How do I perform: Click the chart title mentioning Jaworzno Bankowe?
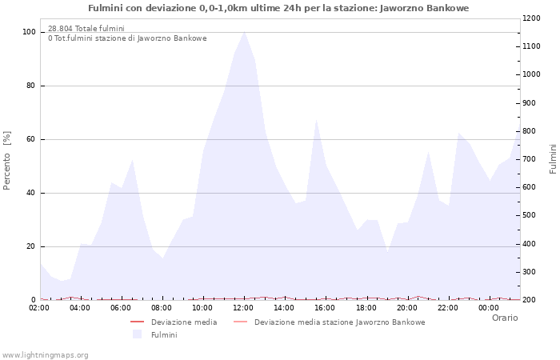278,8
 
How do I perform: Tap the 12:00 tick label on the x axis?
243,307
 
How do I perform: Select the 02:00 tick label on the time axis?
39,307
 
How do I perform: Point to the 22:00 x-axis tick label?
447,307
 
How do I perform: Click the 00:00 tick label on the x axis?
488,307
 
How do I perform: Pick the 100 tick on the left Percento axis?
30,32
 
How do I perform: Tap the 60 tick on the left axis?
32,139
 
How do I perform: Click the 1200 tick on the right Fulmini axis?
533,18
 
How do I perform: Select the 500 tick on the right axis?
530,216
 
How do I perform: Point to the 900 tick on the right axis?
530,103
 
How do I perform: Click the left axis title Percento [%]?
8,160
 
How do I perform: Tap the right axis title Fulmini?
553,159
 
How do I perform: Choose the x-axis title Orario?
504,318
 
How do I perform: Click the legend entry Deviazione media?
184,322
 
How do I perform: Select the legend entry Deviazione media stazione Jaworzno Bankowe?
339,322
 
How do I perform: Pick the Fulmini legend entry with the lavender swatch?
164,334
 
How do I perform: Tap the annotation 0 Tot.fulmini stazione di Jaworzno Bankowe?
127,38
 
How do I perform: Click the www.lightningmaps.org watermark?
46,354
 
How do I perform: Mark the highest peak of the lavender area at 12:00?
244,31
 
